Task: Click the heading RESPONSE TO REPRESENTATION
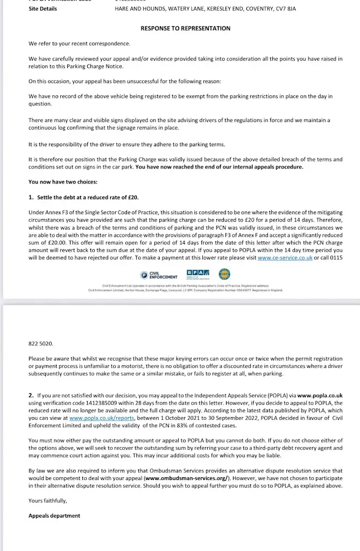click(x=185, y=29)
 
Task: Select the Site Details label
click(x=43, y=9)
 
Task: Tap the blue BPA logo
click(x=199, y=274)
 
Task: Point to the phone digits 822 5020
click(x=41, y=342)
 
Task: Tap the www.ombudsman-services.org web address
click(x=187, y=477)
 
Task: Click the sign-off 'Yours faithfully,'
click(x=48, y=500)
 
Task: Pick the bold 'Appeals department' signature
click(x=54, y=515)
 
